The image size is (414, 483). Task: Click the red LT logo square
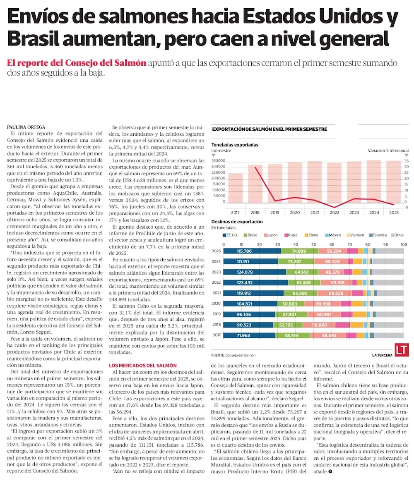pos(402,350)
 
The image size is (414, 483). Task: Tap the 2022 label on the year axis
pos(335,213)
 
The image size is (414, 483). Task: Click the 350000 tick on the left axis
pos(219,161)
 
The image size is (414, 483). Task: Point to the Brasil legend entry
pos(250,235)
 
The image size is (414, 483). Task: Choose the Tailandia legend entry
pos(378,235)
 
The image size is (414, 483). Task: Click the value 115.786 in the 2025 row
pos(244,251)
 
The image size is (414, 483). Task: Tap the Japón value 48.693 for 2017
pos(329,335)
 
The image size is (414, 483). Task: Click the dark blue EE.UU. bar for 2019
pos(249,315)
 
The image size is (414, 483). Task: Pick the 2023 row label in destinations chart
pos(216,272)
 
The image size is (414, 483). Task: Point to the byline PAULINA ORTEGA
pos(26,127)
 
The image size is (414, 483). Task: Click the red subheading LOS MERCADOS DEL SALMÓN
pos(143,366)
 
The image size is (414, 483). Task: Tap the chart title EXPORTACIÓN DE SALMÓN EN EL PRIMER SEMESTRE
pos(270,129)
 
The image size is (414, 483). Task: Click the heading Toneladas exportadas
pos(235,145)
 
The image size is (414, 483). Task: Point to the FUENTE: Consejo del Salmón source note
pos(233,355)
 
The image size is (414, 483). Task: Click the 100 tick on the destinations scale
pos(404,244)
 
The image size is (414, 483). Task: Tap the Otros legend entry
pos(397,235)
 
